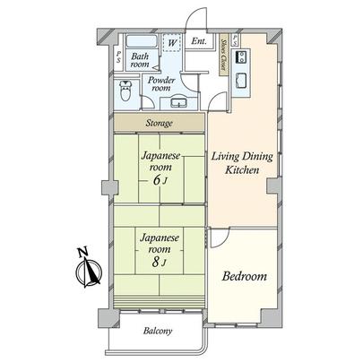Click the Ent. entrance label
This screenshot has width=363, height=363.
(x=198, y=42)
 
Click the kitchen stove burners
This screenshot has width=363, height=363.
(x=241, y=56)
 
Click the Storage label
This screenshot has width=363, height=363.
(x=160, y=123)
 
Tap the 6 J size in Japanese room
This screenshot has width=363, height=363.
(x=159, y=178)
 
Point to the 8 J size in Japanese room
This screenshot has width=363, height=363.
(x=159, y=263)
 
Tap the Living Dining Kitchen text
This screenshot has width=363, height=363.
(x=241, y=167)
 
